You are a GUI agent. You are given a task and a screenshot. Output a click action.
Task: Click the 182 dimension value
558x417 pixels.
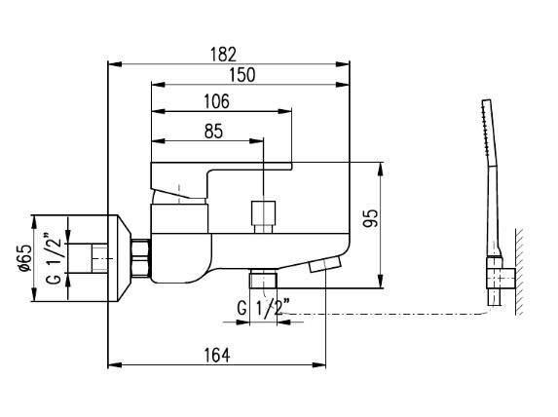point(223,55)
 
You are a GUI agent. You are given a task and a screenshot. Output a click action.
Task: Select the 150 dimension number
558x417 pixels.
point(242,75)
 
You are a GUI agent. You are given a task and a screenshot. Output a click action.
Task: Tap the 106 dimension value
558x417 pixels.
point(216,102)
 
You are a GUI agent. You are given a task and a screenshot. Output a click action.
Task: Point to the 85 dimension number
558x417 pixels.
point(213,132)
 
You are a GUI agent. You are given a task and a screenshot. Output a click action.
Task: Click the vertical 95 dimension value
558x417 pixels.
point(371,218)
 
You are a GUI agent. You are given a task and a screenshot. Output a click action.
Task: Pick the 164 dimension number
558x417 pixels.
point(217,355)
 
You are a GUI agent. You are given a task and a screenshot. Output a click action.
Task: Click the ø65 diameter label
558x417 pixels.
point(26,258)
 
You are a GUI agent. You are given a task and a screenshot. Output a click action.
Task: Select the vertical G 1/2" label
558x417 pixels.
point(55,258)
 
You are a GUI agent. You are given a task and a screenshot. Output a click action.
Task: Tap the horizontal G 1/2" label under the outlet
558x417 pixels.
point(264,307)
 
